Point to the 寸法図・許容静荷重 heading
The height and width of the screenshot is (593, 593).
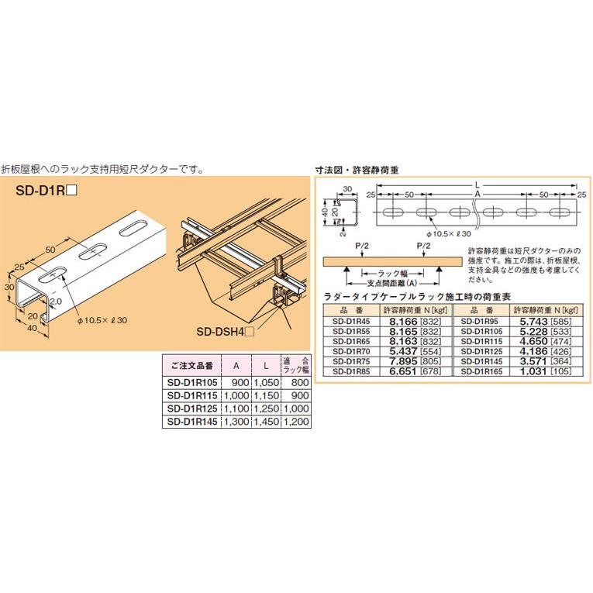pyautogui.click(x=356, y=169)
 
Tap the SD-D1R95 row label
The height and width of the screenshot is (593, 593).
pyautogui.click(x=478, y=318)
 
